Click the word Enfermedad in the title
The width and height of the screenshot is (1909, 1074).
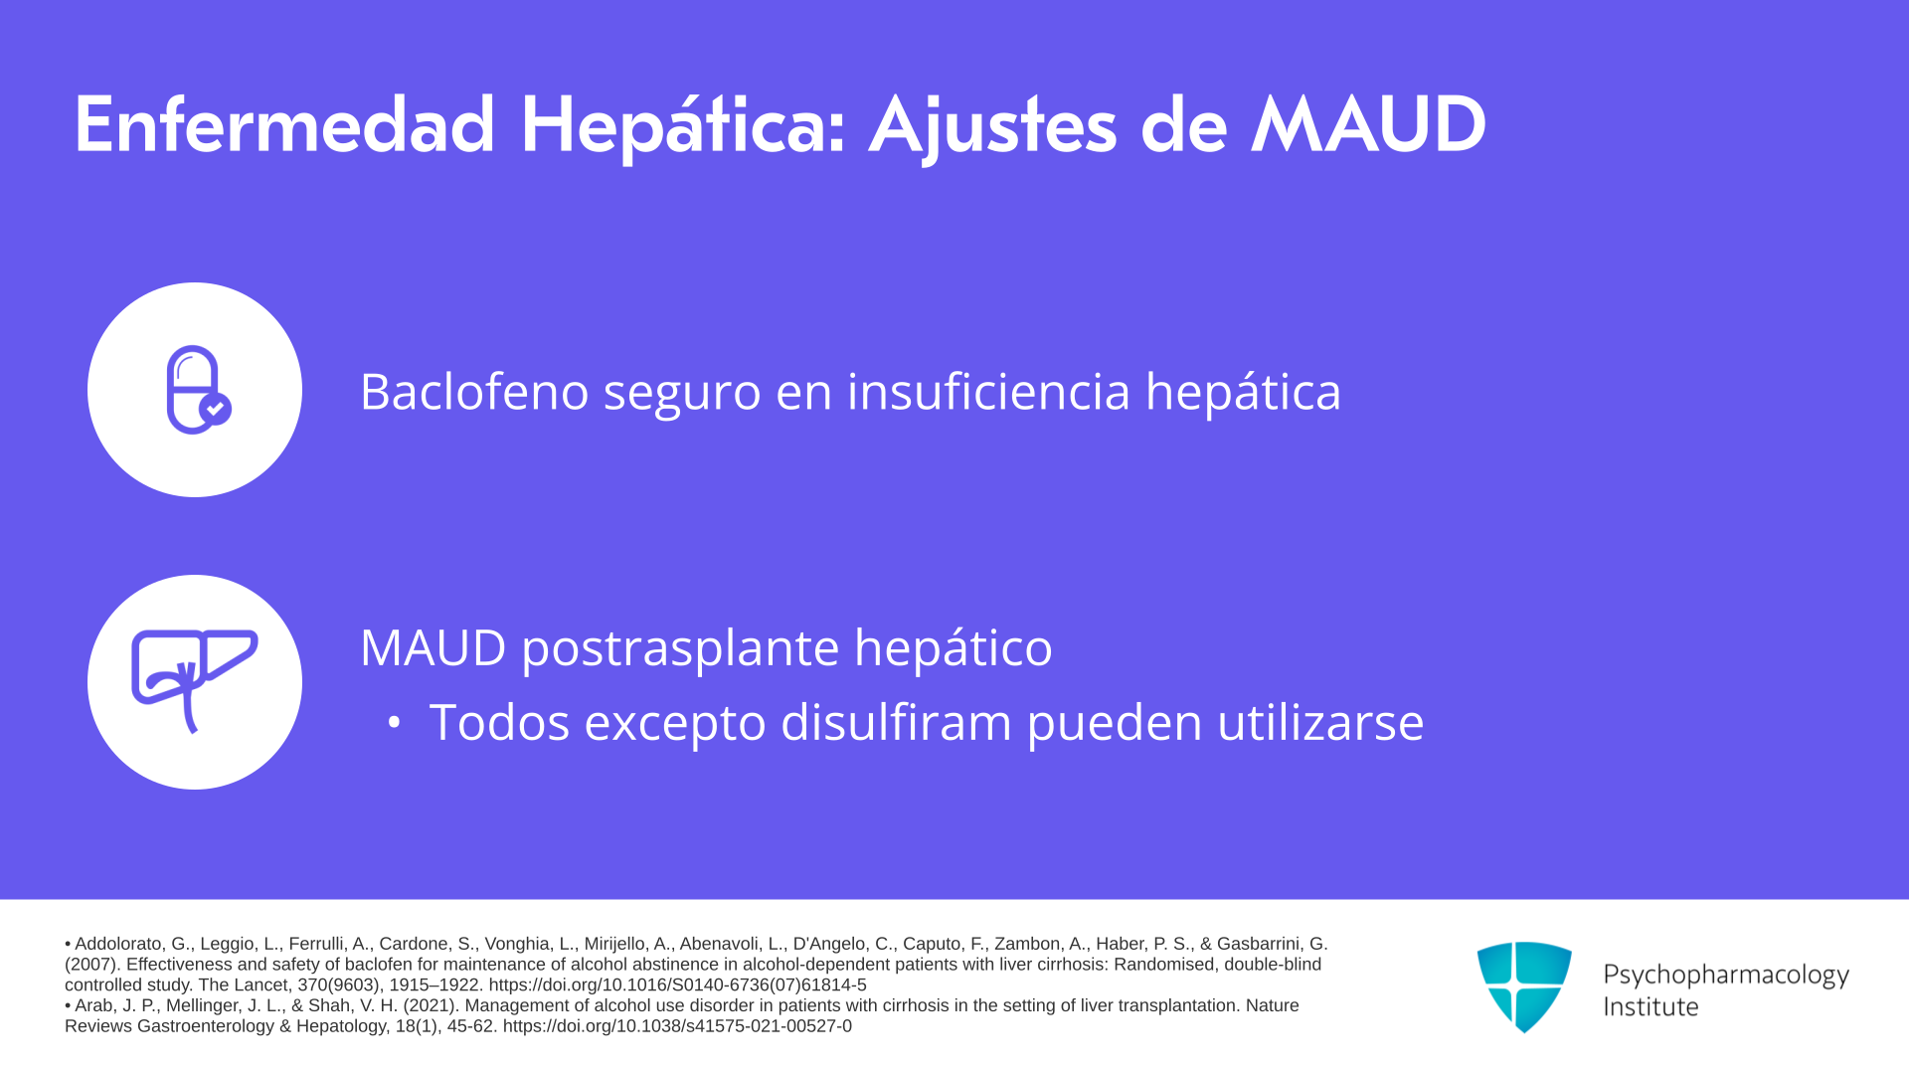click(284, 125)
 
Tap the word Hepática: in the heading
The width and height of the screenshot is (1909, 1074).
click(683, 127)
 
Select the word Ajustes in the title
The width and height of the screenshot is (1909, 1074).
click(993, 127)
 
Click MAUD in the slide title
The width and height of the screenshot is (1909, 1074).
click(1368, 125)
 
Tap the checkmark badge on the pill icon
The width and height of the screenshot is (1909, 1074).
click(215, 409)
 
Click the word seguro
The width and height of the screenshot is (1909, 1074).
click(682, 395)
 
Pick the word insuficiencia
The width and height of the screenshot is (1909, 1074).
click(988, 391)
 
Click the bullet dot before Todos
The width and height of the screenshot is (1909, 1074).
click(394, 723)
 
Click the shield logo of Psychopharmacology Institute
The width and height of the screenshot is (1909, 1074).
click(1524, 986)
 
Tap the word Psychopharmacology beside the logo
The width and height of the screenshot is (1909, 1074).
click(1726, 976)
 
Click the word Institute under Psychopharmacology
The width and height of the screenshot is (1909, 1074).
click(1651, 1006)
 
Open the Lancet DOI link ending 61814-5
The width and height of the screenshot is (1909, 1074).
click(677, 984)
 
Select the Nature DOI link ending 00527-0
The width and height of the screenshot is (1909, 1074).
click(677, 1026)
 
